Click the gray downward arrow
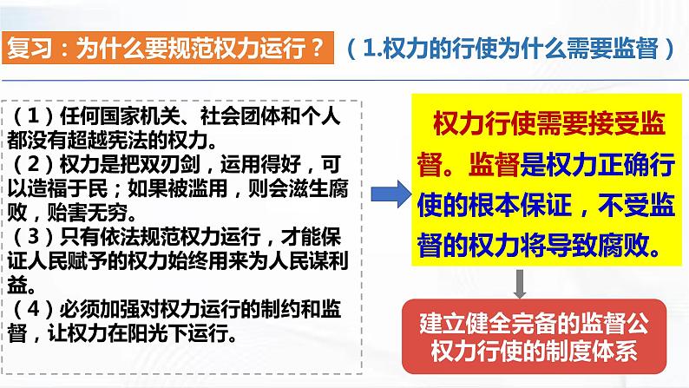coord(519,282)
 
